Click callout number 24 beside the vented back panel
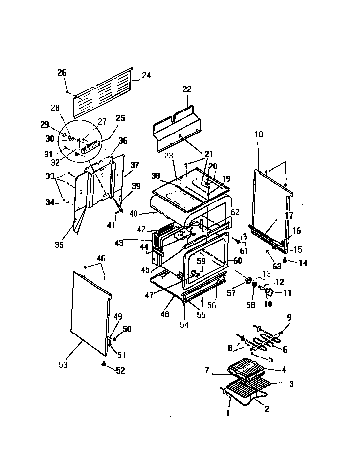pyautogui.click(x=146, y=76)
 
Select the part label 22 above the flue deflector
pyautogui.click(x=187, y=89)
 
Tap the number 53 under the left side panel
pyautogui.click(x=63, y=364)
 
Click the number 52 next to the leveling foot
pyautogui.click(x=119, y=371)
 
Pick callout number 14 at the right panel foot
pyautogui.click(x=303, y=263)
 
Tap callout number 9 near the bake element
pyautogui.click(x=289, y=317)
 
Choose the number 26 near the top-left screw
pyautogui.click(x=62, y=73)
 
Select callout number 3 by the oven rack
pyautogui.click(x=292, y=384)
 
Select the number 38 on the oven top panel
pyautogui.click(x=156, y=175)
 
